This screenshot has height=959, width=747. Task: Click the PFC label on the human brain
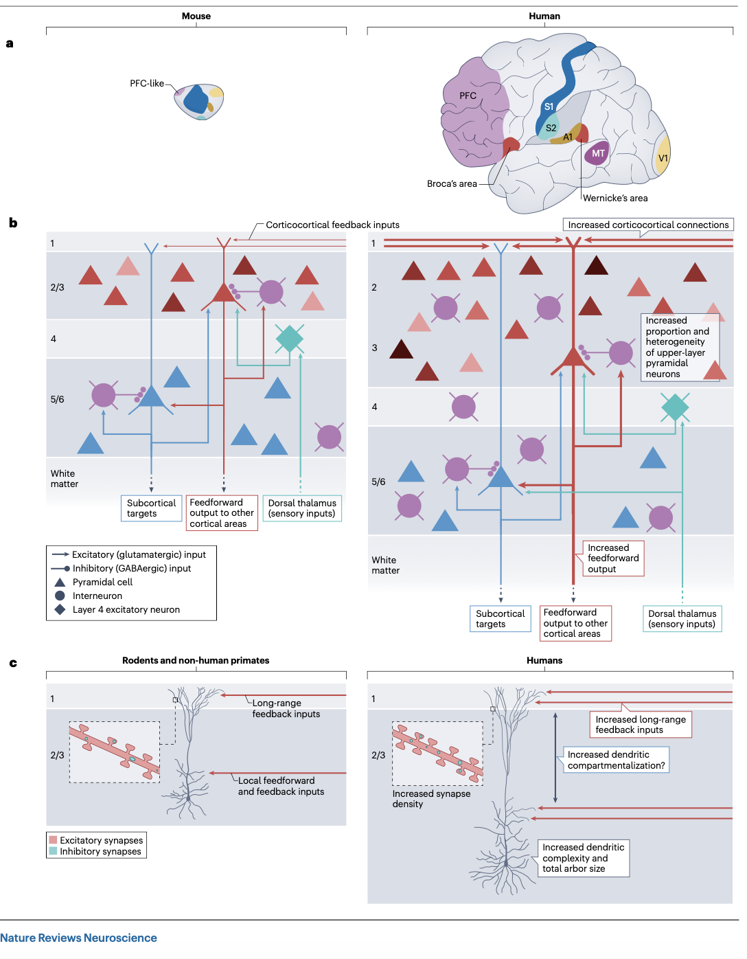click(468, 95)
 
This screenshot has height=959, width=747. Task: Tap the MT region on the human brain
click(598, 153)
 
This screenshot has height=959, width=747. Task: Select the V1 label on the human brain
click(663, 158)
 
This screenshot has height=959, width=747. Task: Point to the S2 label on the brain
click(551, 128)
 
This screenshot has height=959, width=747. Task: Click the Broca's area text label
click(452, 184)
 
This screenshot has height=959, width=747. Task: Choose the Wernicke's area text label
click(615, 199)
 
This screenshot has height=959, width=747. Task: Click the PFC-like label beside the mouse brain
click(147, 84)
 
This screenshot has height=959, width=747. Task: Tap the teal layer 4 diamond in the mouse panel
click(290, 338)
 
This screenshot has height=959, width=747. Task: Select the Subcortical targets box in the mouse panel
click(152, 508)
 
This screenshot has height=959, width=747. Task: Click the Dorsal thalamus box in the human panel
click(682, 619)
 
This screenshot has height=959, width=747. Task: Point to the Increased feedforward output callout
click(613, 558)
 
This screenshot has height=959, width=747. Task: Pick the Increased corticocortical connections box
click(648, 225)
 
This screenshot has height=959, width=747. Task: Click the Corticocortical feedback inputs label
click(332, 225)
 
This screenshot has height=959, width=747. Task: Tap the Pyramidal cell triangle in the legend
click(60, 582)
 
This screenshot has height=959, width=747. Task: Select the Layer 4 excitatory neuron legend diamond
click(60, 609)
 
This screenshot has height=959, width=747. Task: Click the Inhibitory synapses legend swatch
click(53, 851)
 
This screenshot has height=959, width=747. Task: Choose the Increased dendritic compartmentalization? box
click(616, 760)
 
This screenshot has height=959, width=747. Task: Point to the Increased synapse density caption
click(431, 799)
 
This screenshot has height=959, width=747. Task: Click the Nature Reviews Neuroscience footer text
click(78, 938)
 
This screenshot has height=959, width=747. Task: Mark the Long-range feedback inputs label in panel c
click(286, 708)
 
